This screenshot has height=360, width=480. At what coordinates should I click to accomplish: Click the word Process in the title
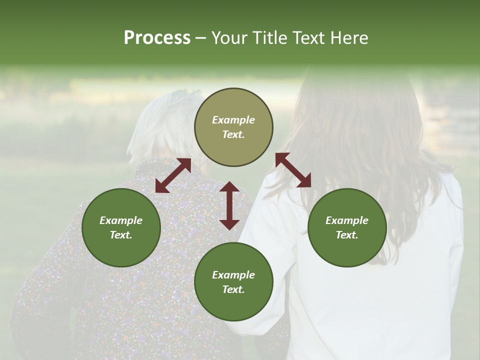pyautogui.click(x=157, y=38)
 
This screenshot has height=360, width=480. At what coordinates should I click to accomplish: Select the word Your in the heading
pyautogui.click(x=229, y=38)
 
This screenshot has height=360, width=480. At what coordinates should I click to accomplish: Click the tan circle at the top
pyautogui.click(x=233, y=127)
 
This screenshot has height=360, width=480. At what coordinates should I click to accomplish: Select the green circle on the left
pyautogui.click(x=121, y=228)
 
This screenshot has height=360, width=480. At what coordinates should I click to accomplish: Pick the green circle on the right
pyautogui.click(x=347, y=228)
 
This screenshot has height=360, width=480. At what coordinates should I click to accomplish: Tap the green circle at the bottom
pyautogui.click(x=233, y=282)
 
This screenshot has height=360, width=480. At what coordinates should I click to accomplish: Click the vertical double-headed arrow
pyautogui.click(x=229, y=205)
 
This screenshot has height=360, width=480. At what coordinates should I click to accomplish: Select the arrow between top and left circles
pyautogui.click(x=173, y=175)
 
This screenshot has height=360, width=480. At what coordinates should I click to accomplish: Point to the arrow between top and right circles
pyautogui.click(x=293, y=170)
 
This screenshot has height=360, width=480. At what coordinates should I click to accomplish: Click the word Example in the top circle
pyautogui.click(x=233, y=120)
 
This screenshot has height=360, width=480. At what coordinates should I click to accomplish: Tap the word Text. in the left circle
pyautogui.click(x=121, y=235)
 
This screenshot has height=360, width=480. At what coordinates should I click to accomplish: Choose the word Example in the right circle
pyautogui.click(x=347, y=220)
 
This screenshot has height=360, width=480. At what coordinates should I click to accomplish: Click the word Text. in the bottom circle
pyautogui.click(x=233, y=289)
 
